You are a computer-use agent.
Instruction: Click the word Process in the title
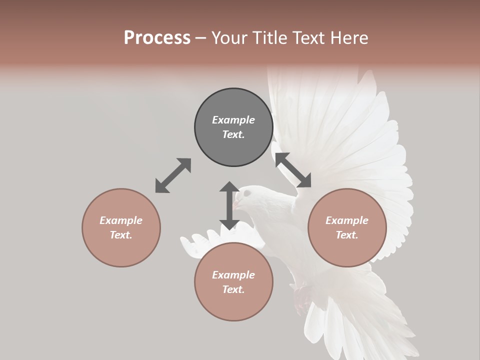click(157, 38)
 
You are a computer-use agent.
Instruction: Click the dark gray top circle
click(233, 127)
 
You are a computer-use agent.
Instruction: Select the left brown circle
click(121, 227)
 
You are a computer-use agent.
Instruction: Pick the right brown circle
click(347, 227)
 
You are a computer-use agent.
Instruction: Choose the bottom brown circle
click(233, 282)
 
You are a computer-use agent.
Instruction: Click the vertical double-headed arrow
click(229, 205)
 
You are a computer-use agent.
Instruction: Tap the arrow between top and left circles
click(173, 175)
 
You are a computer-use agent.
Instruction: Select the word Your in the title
click(228, 38)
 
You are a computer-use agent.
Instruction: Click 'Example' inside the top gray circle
click(233, 120)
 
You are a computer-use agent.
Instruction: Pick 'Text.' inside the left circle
click(121, 235)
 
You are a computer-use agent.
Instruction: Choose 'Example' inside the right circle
click(347, 220)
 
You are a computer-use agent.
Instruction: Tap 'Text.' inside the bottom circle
click(233, 289)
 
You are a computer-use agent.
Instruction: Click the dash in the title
click(201, 38)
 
